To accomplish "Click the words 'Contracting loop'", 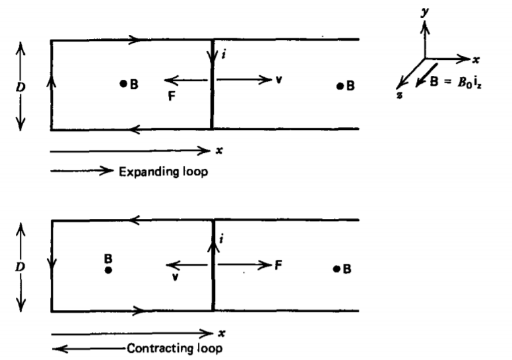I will (x=174, y=348).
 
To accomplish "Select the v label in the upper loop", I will (x=278, y=80).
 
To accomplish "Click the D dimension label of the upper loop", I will (x=20, y=86).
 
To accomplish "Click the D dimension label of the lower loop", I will (x=20, y=266).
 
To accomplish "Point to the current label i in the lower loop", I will (x=225, y=235).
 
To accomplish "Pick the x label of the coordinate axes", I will (x=476, y=58).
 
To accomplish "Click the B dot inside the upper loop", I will (x=123, y=84).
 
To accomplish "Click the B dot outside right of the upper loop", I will (x=340, y=86).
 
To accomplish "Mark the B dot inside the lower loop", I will (x=109, y=270).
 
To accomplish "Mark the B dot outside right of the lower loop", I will (x=337, y=268).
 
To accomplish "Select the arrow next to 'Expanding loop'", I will (x=82, y=171).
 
